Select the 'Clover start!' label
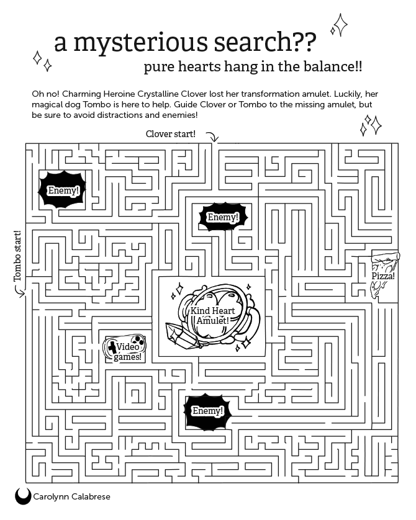[x=171, y=134]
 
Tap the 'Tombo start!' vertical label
[x=17, y=256]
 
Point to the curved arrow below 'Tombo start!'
[x=20, y=291]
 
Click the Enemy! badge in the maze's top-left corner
[x=62, y=190]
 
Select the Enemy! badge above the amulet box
[x=223, y=217]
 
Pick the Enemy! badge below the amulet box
[x=207, y=411]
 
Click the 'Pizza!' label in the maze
[x=383, y=276]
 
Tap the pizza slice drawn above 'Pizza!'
[x=385, y=261]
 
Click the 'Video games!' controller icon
[x=125, y=348]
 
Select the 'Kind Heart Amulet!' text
[x=212, y=315]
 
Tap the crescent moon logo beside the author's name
[x=23, y=496]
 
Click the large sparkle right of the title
[x=340, y=25]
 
